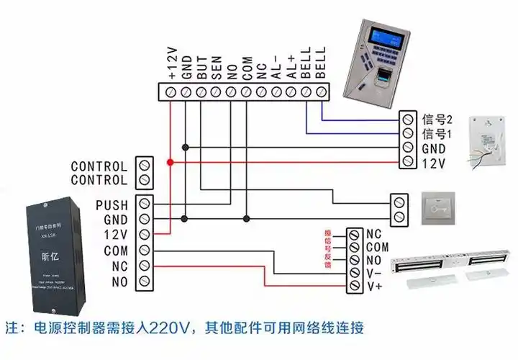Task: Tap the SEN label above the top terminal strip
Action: [x=215, y=68]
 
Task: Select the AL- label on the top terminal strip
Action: [x=276, y=68]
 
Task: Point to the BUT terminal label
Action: [x=201, y=68]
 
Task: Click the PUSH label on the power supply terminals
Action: [x=112, y=205]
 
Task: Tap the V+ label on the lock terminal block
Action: [x=374, y=286]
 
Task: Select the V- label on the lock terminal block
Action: [x=374, y=273]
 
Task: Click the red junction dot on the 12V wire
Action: [x=171, y=163]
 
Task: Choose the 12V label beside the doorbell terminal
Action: [x=433, y=163]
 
